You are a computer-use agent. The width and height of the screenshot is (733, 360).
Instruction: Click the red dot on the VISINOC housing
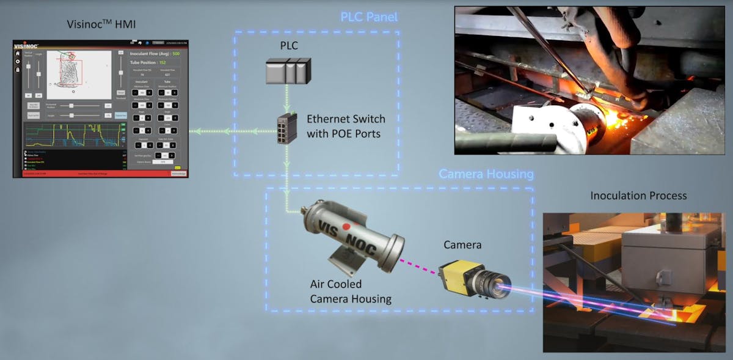pos(346,226)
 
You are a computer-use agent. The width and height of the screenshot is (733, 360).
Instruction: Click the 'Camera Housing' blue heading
pos(486,175)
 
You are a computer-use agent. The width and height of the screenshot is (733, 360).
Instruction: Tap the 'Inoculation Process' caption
pos(638,196)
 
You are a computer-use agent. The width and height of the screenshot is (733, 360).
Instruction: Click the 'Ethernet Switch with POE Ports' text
pos(346,125)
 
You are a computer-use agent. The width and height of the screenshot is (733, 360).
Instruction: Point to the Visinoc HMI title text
pos(101,24)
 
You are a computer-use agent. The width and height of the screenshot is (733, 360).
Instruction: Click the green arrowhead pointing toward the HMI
pos(194,131)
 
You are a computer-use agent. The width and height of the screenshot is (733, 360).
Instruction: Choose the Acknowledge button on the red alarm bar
pos(178,174)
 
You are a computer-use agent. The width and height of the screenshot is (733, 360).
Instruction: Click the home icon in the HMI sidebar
pos(18,53)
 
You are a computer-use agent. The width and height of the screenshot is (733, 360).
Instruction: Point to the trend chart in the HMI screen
pos(72,135)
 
